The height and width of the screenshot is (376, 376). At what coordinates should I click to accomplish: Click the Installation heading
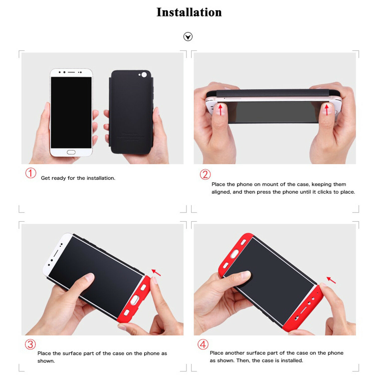click(x=189, y=12)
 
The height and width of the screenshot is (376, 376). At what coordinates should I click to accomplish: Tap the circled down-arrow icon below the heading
click(x=188, y=37)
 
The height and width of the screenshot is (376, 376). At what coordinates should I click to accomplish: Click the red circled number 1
click(x=31, y=173)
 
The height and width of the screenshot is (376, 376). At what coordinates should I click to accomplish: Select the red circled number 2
click(x=205, y=174)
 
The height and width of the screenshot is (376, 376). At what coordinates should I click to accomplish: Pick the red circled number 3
click(x=30, y=344)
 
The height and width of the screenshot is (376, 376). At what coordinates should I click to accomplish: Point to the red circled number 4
click(x=203, y=344)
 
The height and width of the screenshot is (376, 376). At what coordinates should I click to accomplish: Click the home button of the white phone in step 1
click(x=71, y=152)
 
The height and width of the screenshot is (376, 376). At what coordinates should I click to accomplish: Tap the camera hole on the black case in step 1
click(x=144, y=75)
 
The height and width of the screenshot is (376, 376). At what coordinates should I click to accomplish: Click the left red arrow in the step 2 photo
click(x=221, y=110)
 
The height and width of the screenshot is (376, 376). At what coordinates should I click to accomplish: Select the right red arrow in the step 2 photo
click(x=327, y=110)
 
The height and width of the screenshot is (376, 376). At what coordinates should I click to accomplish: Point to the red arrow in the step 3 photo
click(x=156, y=272)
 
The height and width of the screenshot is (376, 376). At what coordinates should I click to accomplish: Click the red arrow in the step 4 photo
click(x=331, y=280)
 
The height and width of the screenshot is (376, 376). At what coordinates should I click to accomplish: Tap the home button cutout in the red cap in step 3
click(x=135, y=299)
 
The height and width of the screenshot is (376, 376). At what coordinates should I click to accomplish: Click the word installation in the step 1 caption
click(x=101, y=178)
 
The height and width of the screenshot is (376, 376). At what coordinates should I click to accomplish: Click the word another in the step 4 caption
click(x=235, y=353)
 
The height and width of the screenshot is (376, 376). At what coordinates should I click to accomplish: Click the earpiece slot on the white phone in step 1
click(x=71, y=72)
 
